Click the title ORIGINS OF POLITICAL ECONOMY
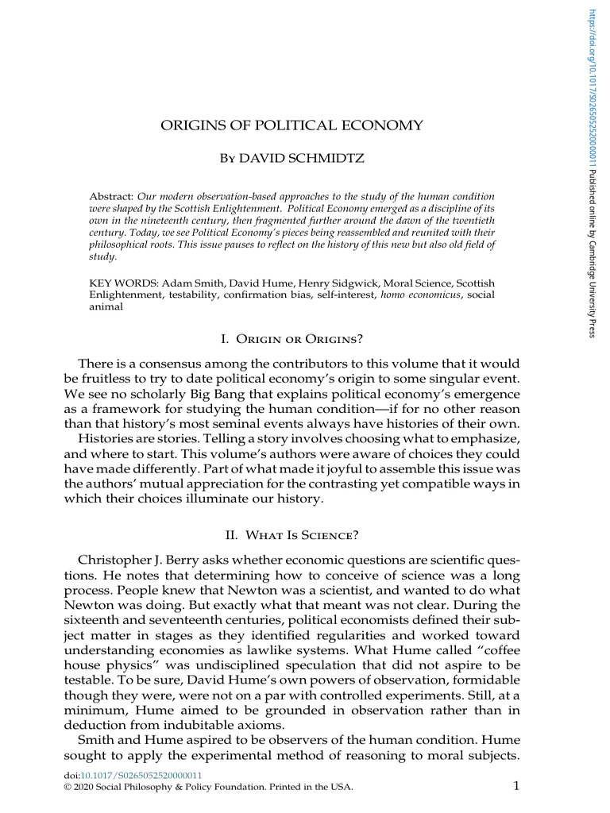click(292, 125)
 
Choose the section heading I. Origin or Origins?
click(291, 340)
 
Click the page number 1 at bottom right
click(516, 787)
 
